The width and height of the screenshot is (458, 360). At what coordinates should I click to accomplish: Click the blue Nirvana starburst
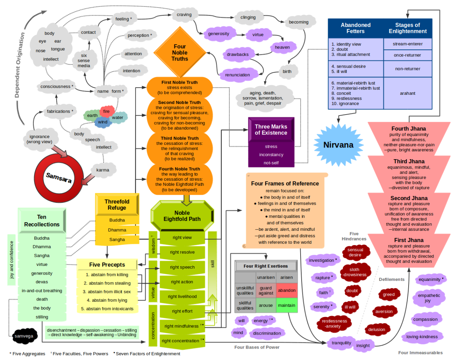coord(338,145)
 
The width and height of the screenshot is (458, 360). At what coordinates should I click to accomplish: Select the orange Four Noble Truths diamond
coord(180,53)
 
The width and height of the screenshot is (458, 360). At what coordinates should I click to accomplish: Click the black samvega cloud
coord(24,336)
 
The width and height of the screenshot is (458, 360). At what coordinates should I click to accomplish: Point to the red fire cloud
coord(107,111)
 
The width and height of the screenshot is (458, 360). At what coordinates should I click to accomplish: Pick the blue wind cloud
coord(103,122)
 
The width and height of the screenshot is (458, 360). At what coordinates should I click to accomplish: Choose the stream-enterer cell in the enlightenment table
coord(408,44)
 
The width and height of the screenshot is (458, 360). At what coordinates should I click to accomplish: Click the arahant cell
coord(408,93)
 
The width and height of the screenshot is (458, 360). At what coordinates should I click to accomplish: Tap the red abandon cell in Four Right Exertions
coord(287,290)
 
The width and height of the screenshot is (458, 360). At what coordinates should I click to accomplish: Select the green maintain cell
coord(287,305)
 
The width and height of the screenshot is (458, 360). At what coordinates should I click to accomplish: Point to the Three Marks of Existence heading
coord(271,130)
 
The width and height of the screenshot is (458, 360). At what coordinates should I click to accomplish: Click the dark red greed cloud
coord(389,295)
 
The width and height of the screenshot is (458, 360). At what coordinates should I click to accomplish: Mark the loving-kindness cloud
coord(422,337)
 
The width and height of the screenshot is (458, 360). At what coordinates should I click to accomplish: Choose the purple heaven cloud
coord(282,47)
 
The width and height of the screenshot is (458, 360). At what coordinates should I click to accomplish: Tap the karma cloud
coord(103,170)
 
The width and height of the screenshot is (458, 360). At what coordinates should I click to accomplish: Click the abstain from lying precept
coord(107,300)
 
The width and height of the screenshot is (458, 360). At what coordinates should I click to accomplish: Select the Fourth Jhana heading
coord(409,129)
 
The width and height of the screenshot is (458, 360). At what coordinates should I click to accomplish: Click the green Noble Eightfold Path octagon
coord(182,216)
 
